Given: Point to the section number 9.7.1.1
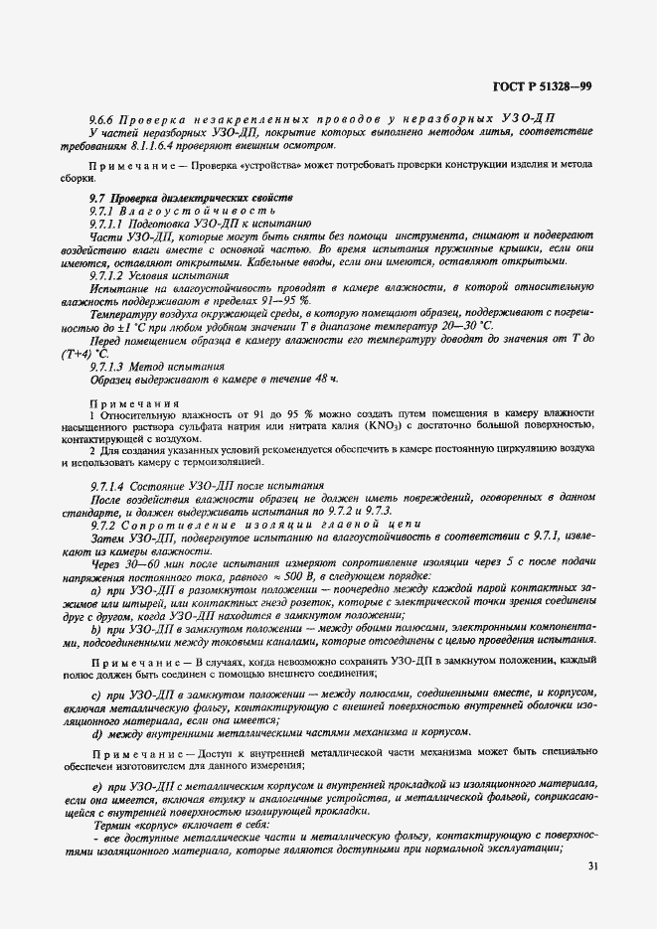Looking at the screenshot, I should (x=109, y=226).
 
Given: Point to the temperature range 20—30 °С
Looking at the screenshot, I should (x=464, y=326).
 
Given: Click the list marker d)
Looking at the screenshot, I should (x=95, y=704).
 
